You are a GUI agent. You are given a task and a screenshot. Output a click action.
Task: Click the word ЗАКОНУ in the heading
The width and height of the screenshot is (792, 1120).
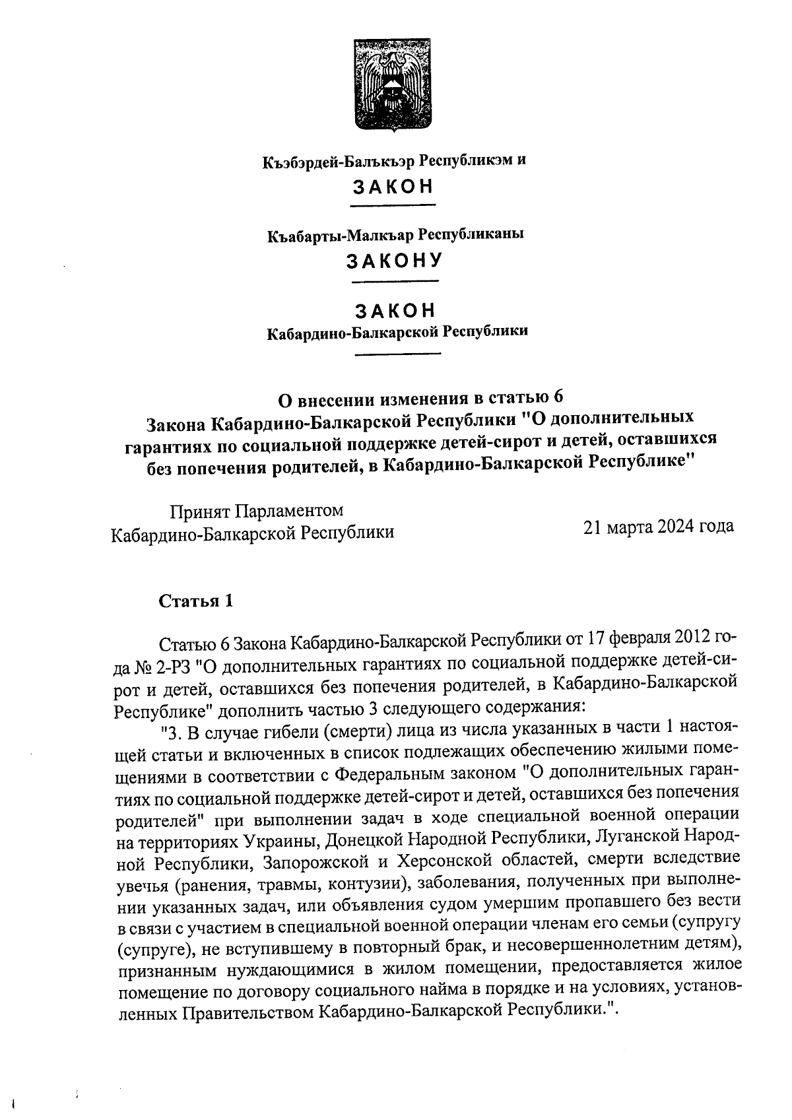click(395, 261)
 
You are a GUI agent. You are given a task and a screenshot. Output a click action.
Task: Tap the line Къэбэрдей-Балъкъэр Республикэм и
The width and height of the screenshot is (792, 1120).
click(395, 160)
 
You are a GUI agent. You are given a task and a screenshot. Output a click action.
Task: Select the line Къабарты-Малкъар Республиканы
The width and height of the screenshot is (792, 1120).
click(395, 234)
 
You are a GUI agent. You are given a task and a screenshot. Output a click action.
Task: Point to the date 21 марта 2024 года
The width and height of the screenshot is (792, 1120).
click(658, 527)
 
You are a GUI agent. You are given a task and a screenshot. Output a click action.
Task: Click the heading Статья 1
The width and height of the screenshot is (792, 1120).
click(195, 601)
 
